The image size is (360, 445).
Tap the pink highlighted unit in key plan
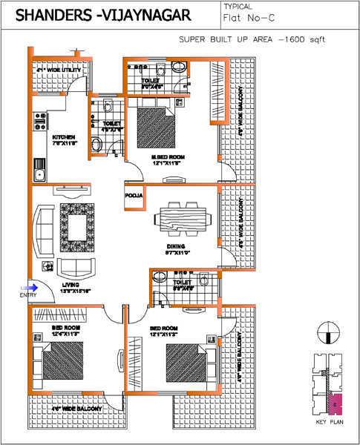(336, 404)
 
